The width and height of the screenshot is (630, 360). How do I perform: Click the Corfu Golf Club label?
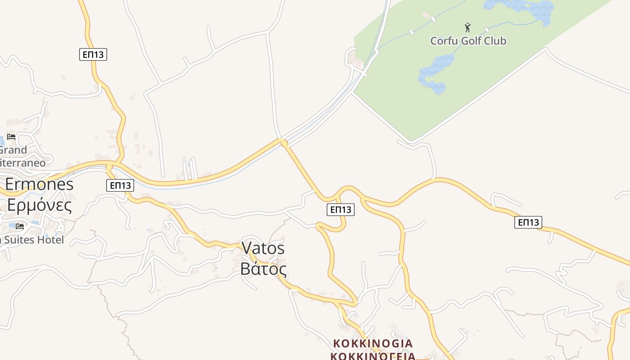point(468,41)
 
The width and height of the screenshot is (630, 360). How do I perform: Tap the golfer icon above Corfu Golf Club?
point(468,27)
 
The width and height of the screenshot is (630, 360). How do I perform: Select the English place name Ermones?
point(39,184)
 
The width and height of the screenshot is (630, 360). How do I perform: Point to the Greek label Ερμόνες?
point(39,205)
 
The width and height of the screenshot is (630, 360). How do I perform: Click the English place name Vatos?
point(263,248)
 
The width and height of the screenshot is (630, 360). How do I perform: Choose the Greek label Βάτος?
point(263,269)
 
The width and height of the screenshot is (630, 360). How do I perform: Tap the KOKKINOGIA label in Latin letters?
point(373,343)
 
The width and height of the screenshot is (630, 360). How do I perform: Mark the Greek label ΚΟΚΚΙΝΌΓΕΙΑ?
point(373,356)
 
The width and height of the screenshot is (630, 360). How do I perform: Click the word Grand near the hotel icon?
point(13,150)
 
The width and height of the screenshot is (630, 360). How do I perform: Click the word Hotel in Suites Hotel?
point(51,240)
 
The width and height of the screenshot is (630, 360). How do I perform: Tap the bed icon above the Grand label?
point(11,136)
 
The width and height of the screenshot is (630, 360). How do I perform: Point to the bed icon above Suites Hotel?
point(19,226)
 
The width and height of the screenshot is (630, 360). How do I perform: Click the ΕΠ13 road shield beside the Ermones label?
point(120,185)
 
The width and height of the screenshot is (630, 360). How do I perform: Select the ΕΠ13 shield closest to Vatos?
point(341,209)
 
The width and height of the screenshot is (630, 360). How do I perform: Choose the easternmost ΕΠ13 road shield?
point(528,222)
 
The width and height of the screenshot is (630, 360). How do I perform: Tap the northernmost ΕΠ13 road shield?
point(93,54)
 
